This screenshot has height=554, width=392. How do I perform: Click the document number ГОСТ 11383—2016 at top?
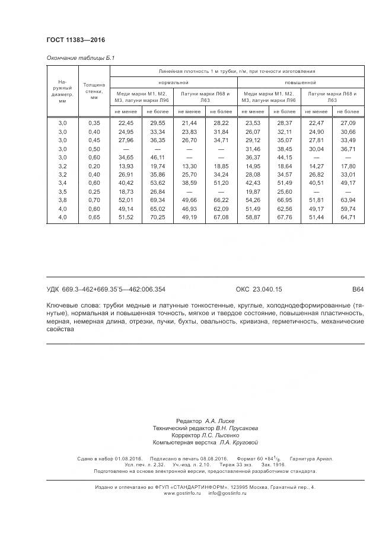click(75, 40)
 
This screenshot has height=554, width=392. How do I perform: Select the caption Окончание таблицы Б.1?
click(80, 58)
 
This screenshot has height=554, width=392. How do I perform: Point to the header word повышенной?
click(300, 82)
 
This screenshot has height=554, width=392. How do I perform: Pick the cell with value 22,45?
click(126, 122)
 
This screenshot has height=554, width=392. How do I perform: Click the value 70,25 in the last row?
click(157, 218)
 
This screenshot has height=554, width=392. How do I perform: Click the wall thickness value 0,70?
click(94, 201)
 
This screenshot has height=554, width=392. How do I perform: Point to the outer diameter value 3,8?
click(62, 201)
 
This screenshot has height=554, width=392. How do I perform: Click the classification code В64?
click(358, 290)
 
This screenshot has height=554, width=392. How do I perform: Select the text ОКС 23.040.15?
click(259, 290)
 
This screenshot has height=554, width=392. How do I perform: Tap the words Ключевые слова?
click(68, 305)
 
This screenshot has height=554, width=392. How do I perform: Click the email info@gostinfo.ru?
click(229, 493)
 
